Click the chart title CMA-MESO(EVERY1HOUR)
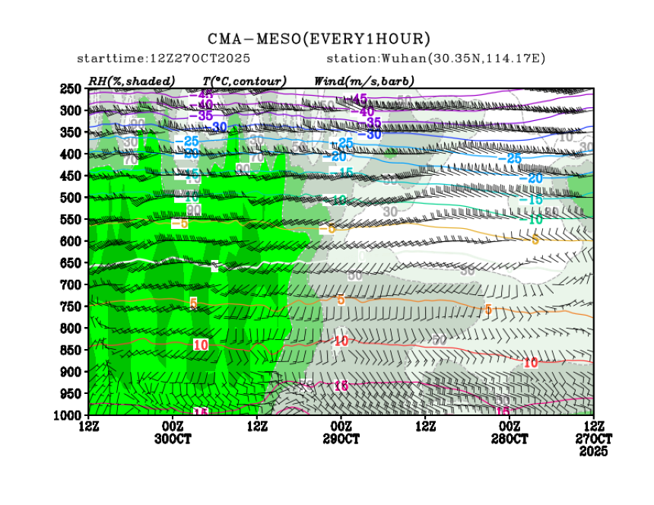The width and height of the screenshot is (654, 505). [x=319, y=39]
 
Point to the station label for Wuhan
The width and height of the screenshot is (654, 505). [x=436, y=59]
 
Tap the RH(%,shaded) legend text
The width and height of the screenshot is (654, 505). [x=132, y=81]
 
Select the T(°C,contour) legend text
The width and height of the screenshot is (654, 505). [x=244, y=81]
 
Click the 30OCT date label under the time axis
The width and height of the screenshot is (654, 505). [x=173, y=439]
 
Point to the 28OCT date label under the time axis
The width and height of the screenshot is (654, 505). [x=510, y=439]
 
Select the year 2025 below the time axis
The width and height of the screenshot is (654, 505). [x=593, y=451]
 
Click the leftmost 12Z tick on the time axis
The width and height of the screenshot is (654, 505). [x=90, y=427]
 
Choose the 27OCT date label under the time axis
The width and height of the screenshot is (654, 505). [x=593, y=439]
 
